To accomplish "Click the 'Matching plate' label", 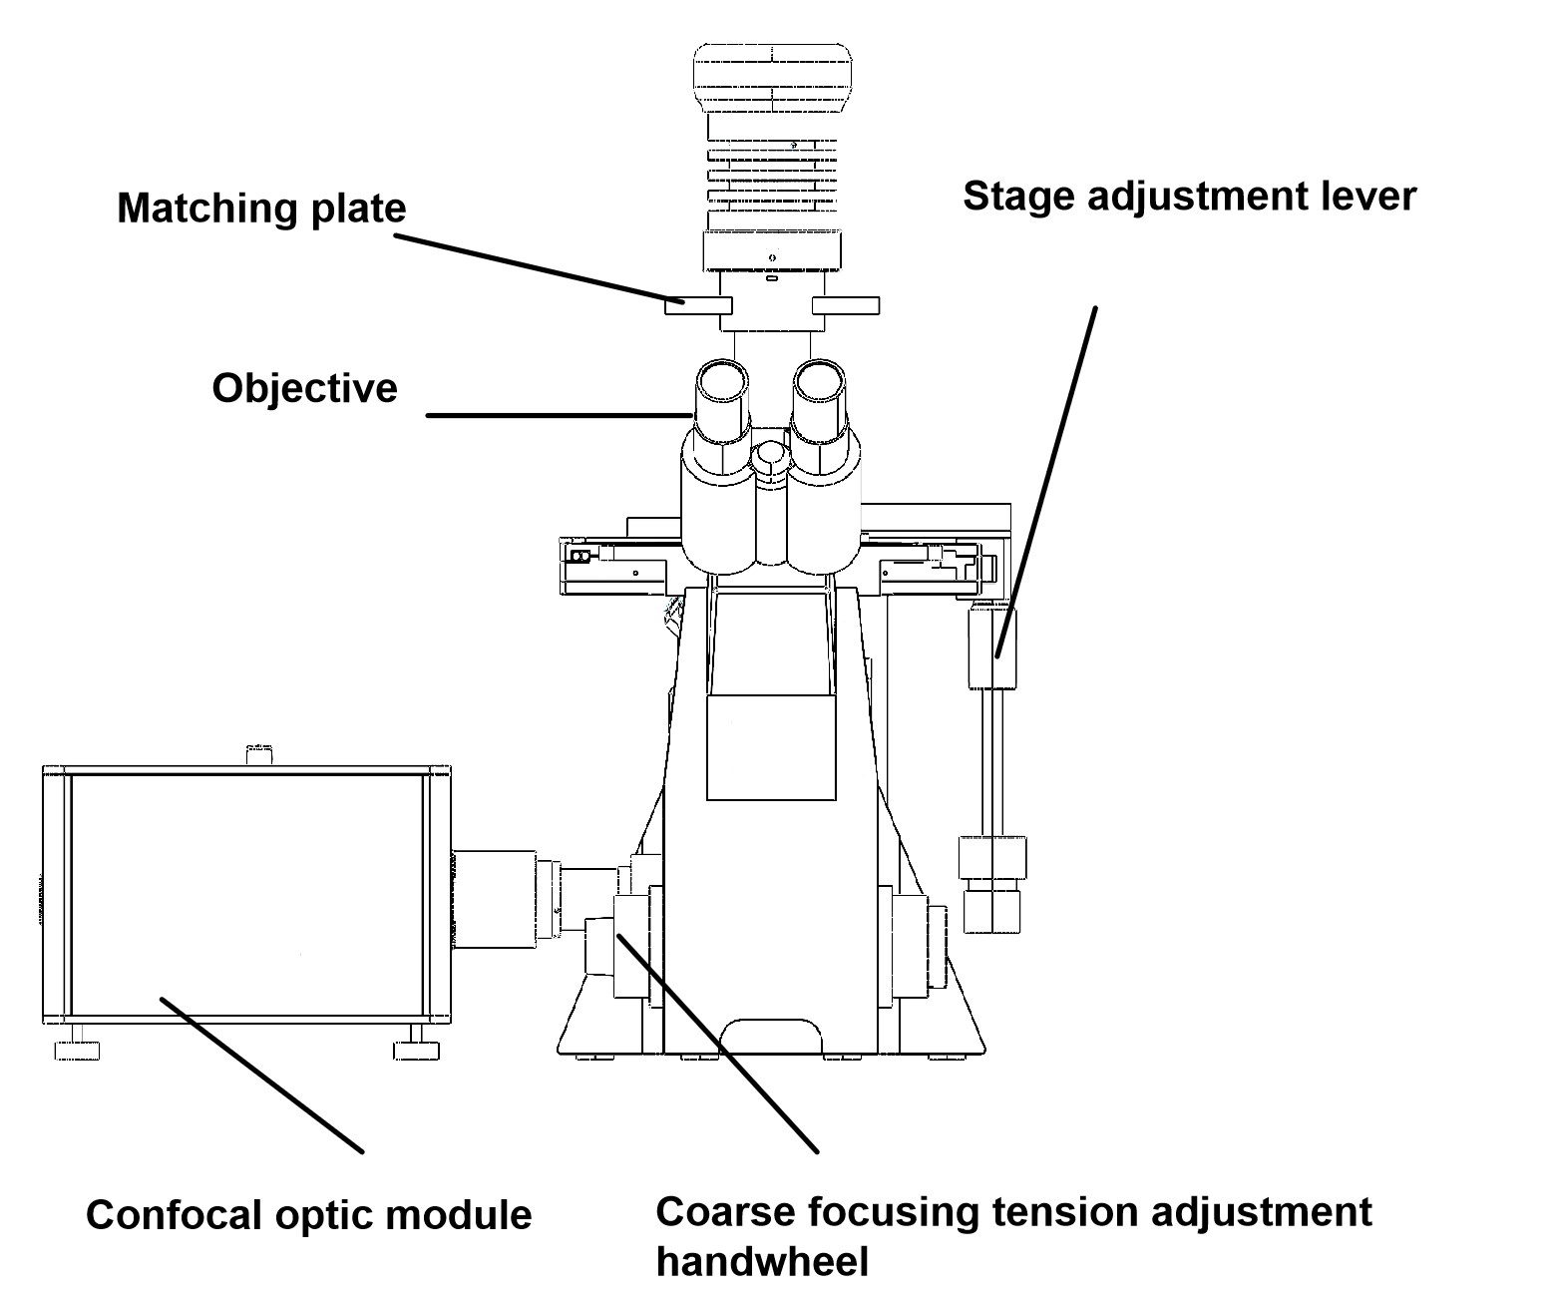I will [261, 209].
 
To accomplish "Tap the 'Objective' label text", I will [304, 388].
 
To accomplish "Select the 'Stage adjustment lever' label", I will [1189, 196].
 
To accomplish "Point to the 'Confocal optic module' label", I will [308, 1215].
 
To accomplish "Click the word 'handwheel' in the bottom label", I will [762, 1262].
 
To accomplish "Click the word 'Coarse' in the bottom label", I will [724, 1212].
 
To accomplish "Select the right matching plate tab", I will [846, 305].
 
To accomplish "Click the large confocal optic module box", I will [247, 893].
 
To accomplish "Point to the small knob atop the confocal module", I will [257, 754].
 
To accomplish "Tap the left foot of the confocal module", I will [78, 1050].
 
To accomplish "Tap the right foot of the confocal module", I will [416, 1050].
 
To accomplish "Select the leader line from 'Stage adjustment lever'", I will [1047, 479].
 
